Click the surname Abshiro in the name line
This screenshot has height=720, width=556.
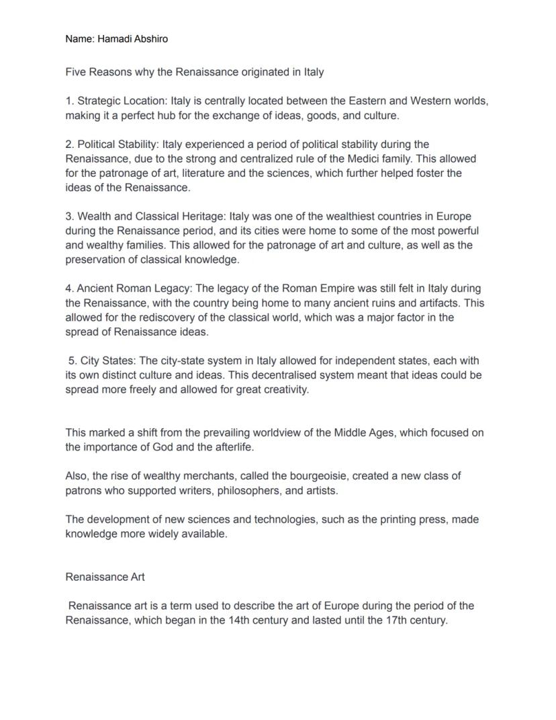pyautogui.click(x=148, y=39)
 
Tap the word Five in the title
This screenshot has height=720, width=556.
pyautogui.click(x=76, y=72)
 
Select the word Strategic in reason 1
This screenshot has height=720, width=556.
pyautogui.click(x=99, y=101)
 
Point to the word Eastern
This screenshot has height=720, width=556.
pyautogui.click(x=367, y=101)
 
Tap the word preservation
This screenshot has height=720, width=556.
pyautogui.click(x=95, y=259)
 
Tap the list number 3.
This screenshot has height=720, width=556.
pyautogui.click(x=68, y=216)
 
